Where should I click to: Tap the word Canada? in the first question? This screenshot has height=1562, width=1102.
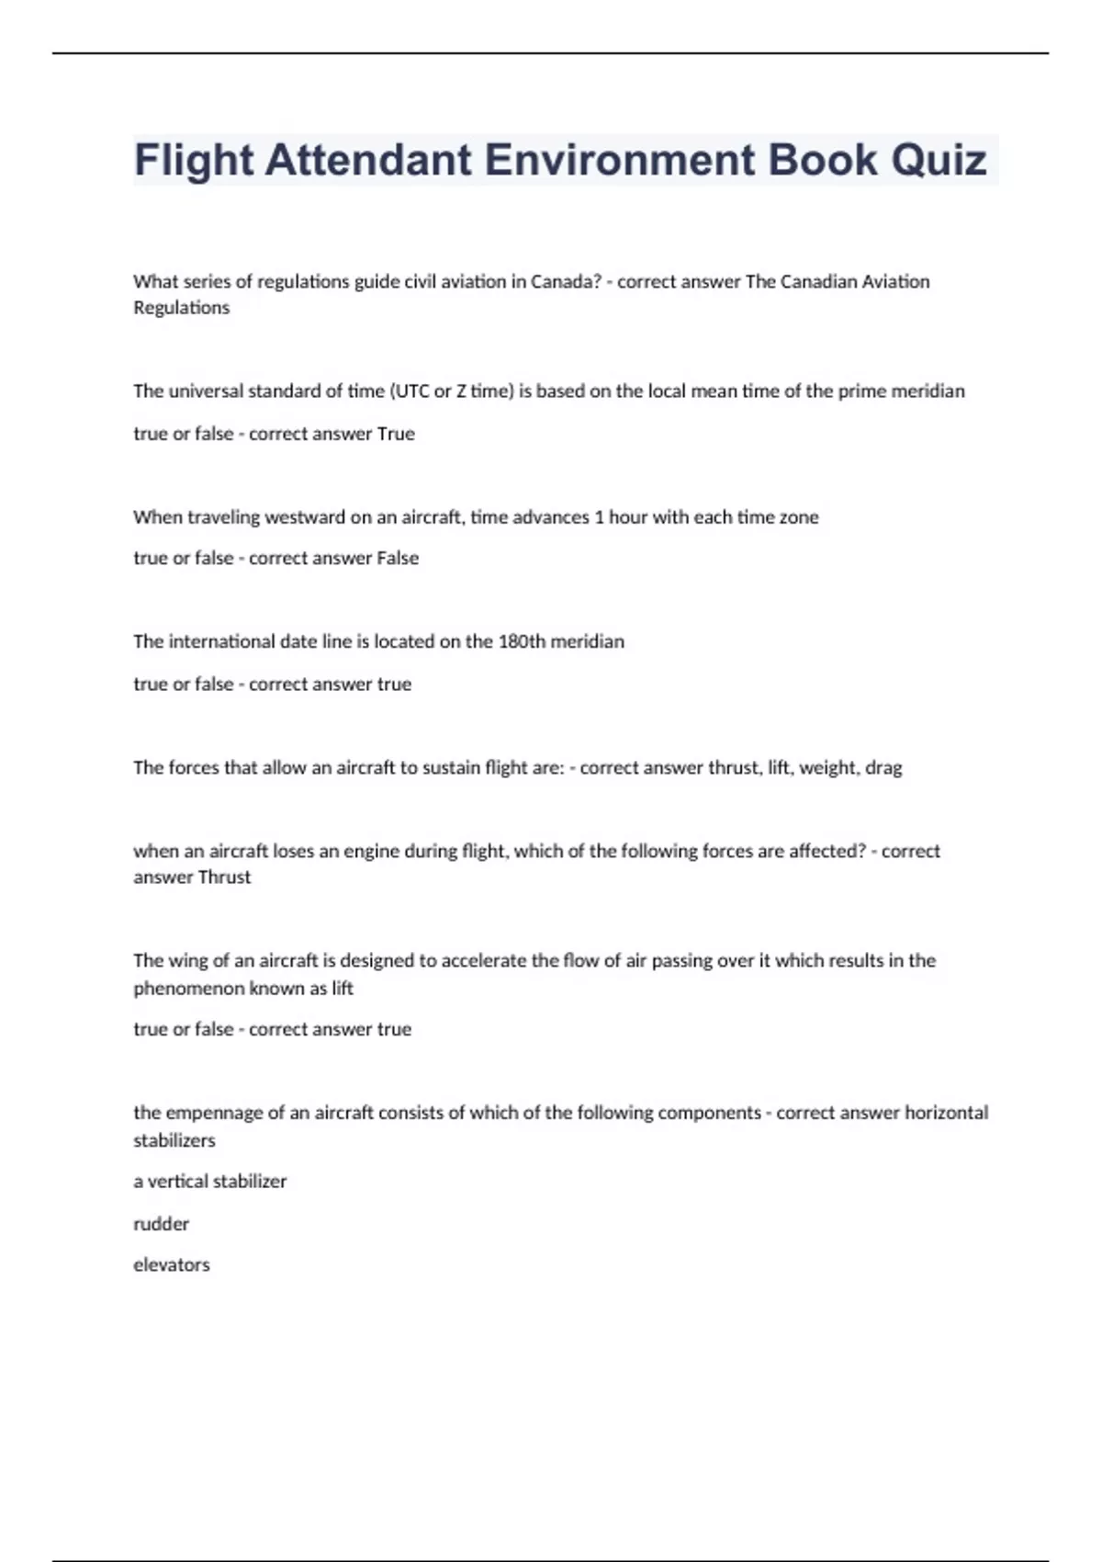click(x=566, y=281)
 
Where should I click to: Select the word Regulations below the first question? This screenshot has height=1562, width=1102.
click(x=181, y=308)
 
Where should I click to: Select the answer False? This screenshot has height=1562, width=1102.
click(x=398, y=559)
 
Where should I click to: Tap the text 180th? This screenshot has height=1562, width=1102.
click(x=521, y=641)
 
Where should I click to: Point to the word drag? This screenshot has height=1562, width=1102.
click(x=883, y=768)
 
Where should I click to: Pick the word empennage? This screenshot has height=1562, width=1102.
click(x=214, y=1113)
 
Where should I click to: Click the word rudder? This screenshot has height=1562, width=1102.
click(x=161, y=1224)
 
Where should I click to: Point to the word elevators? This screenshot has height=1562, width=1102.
click(x=171, y=1265)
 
